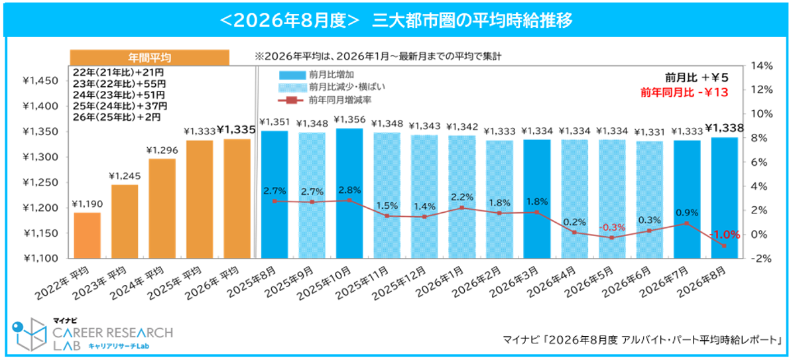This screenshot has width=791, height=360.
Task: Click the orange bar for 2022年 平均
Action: click(87, 235)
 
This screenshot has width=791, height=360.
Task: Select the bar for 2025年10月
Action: click(349, 194)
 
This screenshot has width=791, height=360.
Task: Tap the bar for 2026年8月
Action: click(724, 198)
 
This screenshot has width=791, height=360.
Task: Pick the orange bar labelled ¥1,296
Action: click(161, 209)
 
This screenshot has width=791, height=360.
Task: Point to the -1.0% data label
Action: click(725, 235)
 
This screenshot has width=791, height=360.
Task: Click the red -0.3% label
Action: click(612, 227)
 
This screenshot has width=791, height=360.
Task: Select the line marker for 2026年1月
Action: click(462, 208)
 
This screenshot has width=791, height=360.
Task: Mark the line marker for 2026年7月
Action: click(687, 223)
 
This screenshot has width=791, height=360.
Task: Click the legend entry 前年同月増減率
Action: click(326, 99)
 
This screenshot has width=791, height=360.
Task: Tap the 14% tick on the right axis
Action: click(762, 66)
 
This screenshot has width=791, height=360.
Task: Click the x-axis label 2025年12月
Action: click(406, 284)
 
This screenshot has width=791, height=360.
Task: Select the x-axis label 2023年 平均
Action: click(106, 284)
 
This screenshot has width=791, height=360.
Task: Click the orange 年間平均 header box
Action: click(149, 57)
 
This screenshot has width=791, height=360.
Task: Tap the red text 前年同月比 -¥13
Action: click(684, 91)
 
